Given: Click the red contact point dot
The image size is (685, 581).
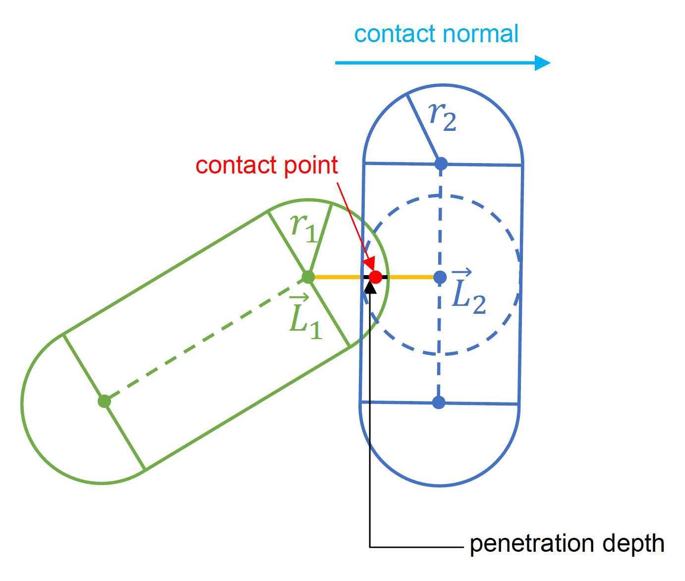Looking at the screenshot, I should pos(376,277).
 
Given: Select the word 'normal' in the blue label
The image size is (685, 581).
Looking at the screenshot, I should pos(480,34).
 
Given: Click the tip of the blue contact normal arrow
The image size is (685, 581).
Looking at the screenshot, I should pos(549,63).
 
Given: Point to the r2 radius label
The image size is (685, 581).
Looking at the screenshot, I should pos(442,117).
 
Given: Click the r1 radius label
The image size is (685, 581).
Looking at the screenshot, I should pos(303,228).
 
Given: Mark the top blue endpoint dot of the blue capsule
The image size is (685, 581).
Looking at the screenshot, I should pos(441,163).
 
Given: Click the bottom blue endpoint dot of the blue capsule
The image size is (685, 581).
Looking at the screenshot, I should pos(439,402).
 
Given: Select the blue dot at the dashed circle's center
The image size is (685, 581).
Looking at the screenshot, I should pos(440,277).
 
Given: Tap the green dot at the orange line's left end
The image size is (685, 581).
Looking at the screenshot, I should pos(308,277).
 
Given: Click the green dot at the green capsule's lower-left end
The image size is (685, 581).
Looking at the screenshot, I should pos(104,401).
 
